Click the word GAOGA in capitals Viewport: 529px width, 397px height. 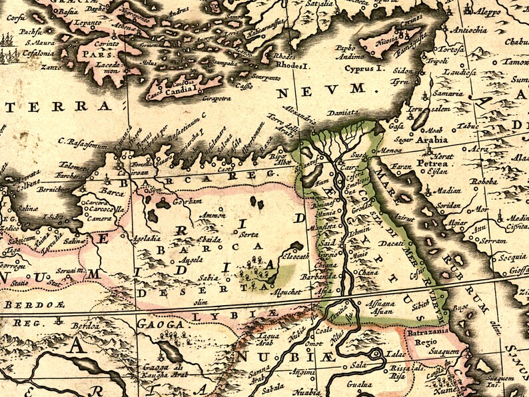[160, 324]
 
